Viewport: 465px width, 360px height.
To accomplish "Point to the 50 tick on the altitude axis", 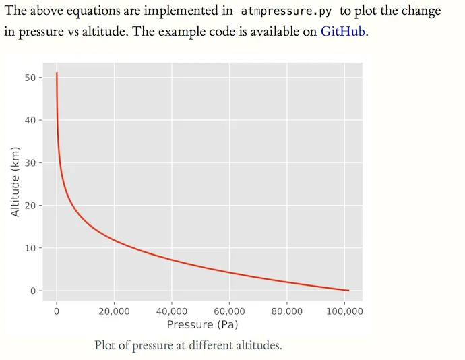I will [30, 78].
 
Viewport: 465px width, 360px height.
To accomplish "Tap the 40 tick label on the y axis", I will [30, 120].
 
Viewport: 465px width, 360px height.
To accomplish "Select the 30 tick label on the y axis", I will [30, 163].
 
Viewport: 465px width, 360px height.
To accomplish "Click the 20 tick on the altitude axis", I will [30, 206].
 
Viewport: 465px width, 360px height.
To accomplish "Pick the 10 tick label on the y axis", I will [30, 248].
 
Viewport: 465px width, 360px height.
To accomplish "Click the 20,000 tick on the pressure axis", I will [114, 311].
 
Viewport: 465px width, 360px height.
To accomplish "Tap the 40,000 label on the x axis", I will [172, 311].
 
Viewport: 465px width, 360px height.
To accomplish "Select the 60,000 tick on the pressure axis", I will [229, 311].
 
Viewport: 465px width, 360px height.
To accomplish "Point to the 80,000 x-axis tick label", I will [287, 311].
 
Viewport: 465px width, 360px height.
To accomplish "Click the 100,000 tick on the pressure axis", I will [344, 311].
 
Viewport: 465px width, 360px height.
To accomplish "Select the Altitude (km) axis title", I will [16, 182].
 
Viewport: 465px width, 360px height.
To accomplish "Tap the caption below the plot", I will [188, 345].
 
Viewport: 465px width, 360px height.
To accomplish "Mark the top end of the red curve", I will [57, 73].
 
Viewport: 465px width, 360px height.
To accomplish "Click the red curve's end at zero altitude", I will [348, 291].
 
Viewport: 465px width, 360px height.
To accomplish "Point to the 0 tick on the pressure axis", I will [57, 311].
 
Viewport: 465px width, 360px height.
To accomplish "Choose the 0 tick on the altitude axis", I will [32, 291].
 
